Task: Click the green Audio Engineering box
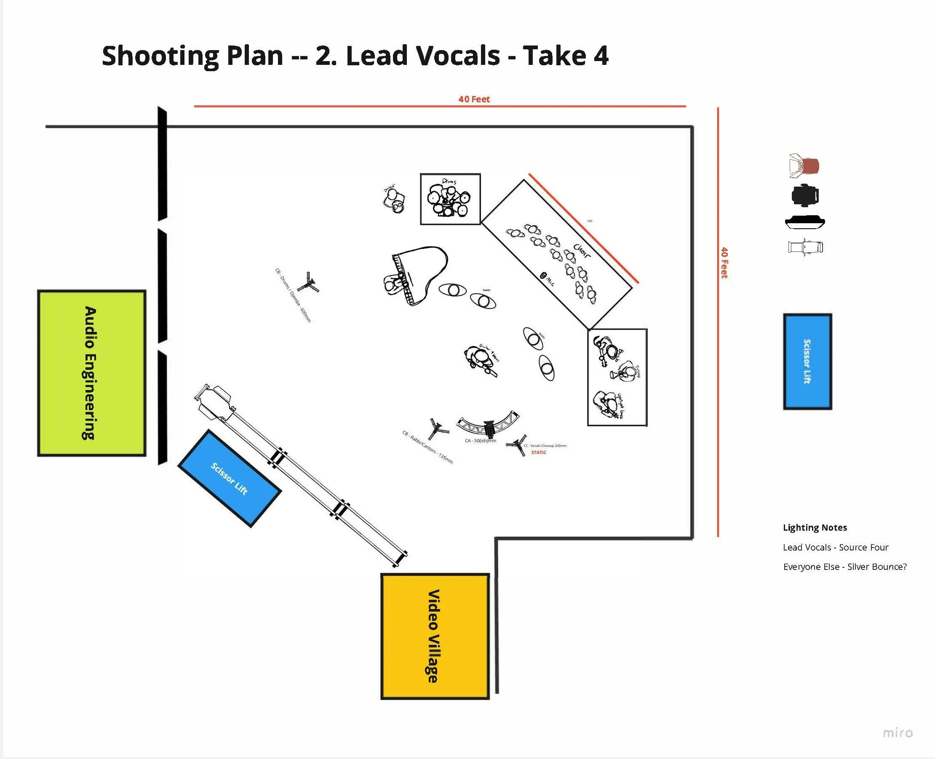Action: point(91,373)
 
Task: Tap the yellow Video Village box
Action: point(435,636)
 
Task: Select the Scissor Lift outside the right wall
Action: point(807,361)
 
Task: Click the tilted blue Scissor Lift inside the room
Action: point(230,478)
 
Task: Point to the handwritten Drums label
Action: point(449,181)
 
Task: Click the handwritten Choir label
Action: point(582,251)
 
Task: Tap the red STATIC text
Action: point(539,452)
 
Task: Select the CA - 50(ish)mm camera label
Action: point(481,441)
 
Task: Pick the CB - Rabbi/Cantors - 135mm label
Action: point(427,447)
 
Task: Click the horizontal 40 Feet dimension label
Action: point(474,99)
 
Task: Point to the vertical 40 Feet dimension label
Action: point(724,263)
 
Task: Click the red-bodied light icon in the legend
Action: point(805,166)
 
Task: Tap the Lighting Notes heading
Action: point(815,528)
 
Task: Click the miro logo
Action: point(898,733)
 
